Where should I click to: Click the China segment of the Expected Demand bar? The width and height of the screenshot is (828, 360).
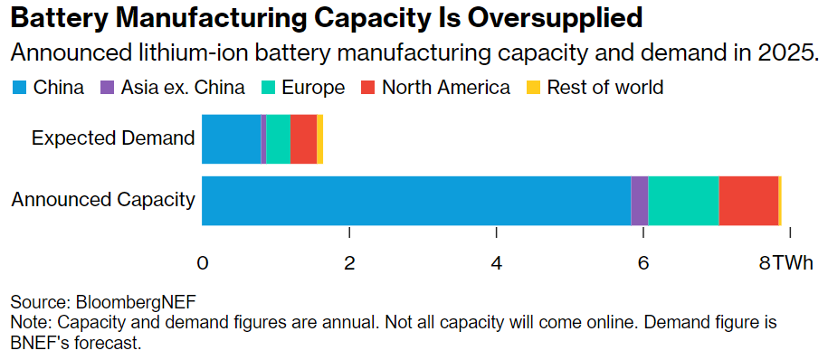(x=232, y=138)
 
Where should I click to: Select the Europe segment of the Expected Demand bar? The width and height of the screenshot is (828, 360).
(x=279, y=138)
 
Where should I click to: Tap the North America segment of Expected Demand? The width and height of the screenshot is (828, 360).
(x=304, y=138)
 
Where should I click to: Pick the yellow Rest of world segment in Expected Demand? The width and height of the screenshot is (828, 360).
(x=320, y=138)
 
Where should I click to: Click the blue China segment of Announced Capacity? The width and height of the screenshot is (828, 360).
(x=416, y=201)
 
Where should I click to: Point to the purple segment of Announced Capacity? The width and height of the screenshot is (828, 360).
(x=640, y=201)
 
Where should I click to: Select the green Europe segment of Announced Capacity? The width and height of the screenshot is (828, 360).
(x=683, y=201)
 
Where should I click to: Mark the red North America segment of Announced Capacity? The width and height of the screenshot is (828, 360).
(x=748, y=201)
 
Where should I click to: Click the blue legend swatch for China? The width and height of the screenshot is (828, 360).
(x=18, y=88)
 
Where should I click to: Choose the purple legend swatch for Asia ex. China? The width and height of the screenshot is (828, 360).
(x=106, y=88)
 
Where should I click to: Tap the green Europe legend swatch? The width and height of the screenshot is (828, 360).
(x=267, y=88)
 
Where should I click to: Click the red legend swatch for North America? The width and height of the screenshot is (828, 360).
(x=367, y=88)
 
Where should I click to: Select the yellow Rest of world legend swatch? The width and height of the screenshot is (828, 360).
(x=533, y=88)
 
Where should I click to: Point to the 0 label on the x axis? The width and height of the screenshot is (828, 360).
(x=202, y=263)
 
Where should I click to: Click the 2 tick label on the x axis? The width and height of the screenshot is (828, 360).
(x=349, y=263)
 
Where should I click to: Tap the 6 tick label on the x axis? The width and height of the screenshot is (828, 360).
(x=642, y=263)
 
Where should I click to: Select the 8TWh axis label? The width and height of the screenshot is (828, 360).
(x=785, y=263)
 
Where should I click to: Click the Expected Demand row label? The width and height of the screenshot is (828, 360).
(x=113, y=138)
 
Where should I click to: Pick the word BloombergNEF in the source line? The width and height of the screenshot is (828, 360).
(x=137, y=303)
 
